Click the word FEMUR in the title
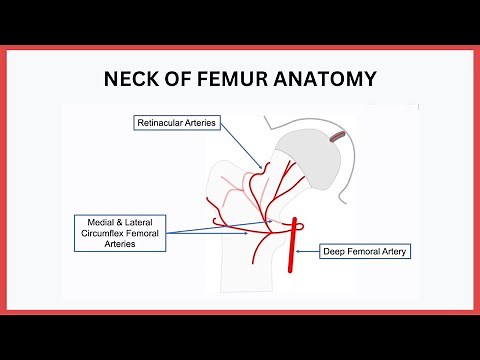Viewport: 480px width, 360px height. coord(226,79)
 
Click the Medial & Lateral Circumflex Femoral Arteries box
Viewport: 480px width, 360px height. coord(120,231)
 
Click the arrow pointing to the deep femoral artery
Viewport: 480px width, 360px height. coord(310,248)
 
